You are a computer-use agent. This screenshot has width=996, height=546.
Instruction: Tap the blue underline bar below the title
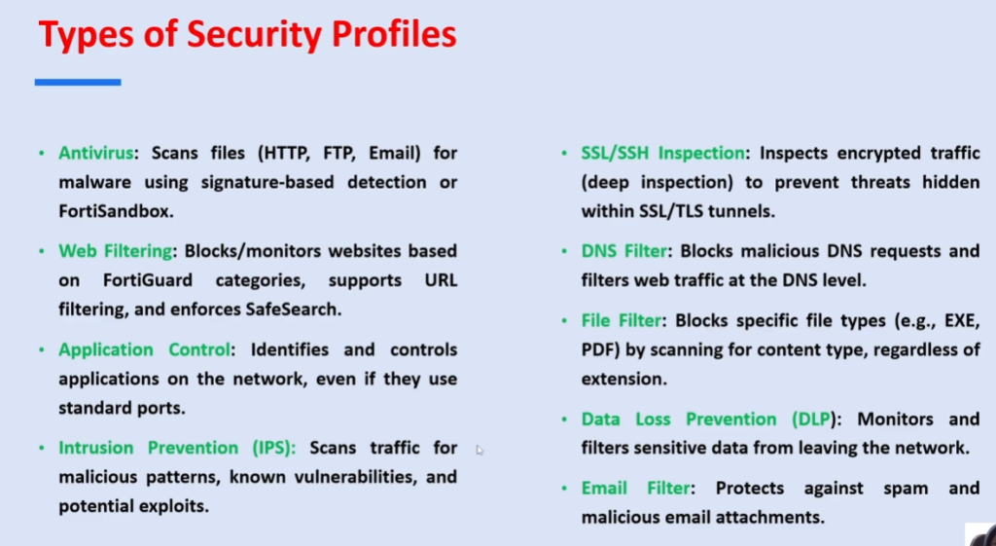tap(78, 82)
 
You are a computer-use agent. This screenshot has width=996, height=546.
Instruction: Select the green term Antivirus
tap(96, 153)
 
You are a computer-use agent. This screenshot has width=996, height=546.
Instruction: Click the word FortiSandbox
tap(115, 211)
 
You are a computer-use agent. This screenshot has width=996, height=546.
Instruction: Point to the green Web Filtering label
tap(116, 252)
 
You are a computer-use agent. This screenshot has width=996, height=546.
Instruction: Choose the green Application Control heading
tap(144, 350)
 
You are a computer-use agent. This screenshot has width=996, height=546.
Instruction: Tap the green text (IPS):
tap(273, 448)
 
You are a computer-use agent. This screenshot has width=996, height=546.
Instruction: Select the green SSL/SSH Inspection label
tap(662, 153)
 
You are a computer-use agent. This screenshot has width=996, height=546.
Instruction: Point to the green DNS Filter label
tap(623, 252)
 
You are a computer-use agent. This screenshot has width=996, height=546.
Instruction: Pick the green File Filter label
tap(622, 320)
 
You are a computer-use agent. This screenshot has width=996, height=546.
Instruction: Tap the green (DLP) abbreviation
tap(814, 419)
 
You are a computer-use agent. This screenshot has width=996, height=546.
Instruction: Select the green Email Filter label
tap(635, 489)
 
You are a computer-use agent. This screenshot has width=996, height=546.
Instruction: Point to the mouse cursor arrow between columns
tap(480, 450)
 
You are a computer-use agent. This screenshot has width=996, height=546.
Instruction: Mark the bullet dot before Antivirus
tap(42, 154)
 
